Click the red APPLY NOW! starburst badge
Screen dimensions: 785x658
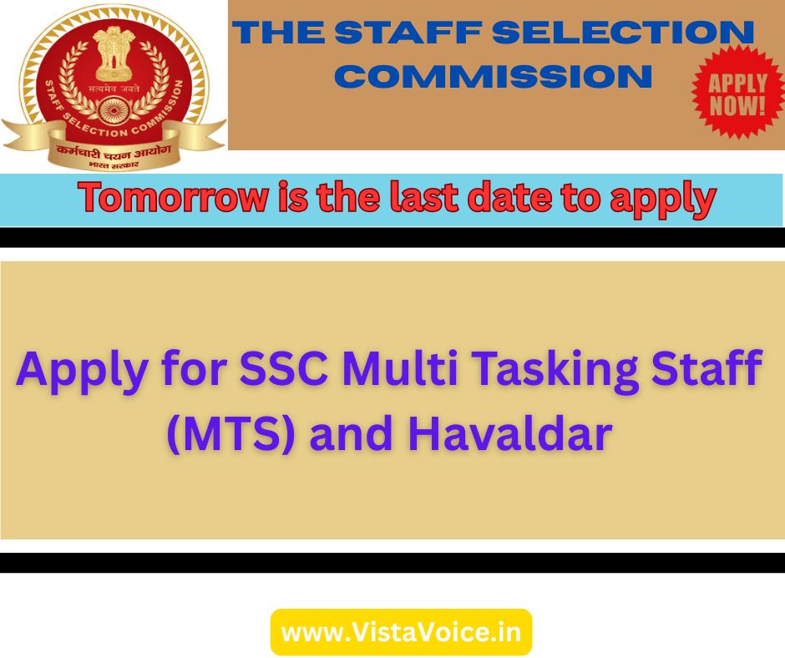point(737,93)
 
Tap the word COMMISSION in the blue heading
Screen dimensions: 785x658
point(493,77)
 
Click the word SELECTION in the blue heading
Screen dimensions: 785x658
point(623,33)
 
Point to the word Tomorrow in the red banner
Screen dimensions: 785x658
point(173,197)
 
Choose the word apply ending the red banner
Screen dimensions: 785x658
point(663,200)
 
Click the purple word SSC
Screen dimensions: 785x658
point(284,368)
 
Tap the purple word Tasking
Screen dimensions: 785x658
point(555,372)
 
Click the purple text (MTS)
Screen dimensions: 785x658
point(230,433)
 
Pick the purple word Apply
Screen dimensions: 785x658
point(82,372)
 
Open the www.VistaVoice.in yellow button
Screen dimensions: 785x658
point(401,632)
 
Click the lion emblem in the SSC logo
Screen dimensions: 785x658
point(112,54)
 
